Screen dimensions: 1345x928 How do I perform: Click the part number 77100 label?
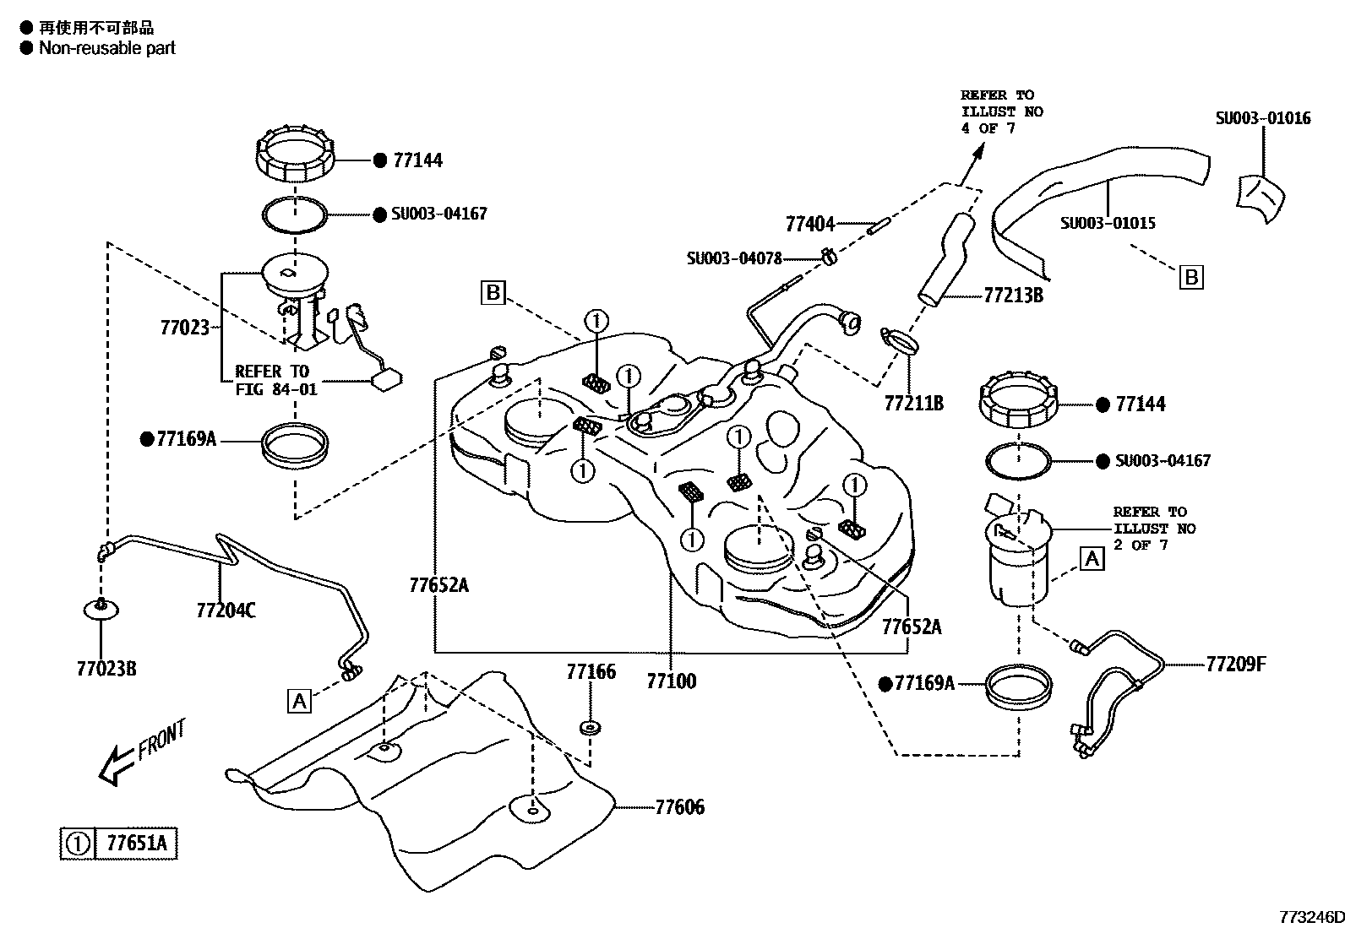pos(672,681)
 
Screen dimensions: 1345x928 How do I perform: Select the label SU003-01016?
pos(1263,118)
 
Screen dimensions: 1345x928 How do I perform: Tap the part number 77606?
pos(679,807)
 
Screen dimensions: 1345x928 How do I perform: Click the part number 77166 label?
pos(591,672)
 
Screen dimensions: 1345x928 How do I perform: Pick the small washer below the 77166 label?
pos(590,727)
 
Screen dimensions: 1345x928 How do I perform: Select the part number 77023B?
pos(106,669)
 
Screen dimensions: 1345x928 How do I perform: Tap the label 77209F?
pos(1236,664)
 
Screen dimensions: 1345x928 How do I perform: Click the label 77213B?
pos(1013,296)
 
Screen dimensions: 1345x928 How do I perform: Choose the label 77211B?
pos(913,404)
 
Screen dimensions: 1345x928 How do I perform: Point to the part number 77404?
pos(809,225)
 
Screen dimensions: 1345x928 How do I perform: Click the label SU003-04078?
pos(734,258)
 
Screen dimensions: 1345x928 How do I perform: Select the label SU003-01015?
pos(1108,224)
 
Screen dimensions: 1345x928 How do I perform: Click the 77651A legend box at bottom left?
pos(119,843)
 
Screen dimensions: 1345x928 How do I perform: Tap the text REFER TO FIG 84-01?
pos(271,380)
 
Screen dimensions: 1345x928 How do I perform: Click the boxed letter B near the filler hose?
pos(1190,277)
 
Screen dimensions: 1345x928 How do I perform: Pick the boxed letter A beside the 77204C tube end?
pos(299,700)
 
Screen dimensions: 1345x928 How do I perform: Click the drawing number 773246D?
pos(1309,917)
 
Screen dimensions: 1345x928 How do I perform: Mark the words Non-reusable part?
pos(107,48)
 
